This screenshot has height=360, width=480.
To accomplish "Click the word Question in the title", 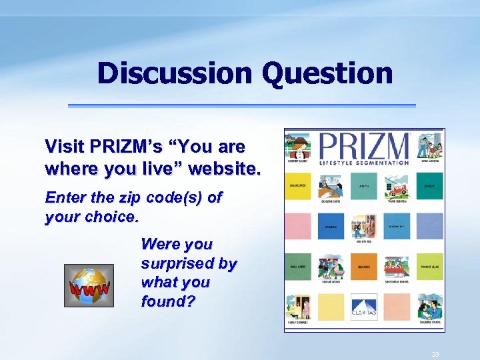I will point(327,73).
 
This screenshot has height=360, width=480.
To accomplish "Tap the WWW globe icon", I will point(89,285).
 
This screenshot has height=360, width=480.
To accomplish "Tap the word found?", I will point(168,301).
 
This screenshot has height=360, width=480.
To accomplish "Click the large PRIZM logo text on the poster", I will point(364,145).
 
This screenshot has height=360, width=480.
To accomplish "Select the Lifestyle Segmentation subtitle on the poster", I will point(364,163).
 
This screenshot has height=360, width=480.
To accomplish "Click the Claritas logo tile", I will point(364,308).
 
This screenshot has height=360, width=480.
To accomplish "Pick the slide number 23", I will point(435,354).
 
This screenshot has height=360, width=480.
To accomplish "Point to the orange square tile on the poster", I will point(397,306).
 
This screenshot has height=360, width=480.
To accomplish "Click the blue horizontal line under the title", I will point(241,105).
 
